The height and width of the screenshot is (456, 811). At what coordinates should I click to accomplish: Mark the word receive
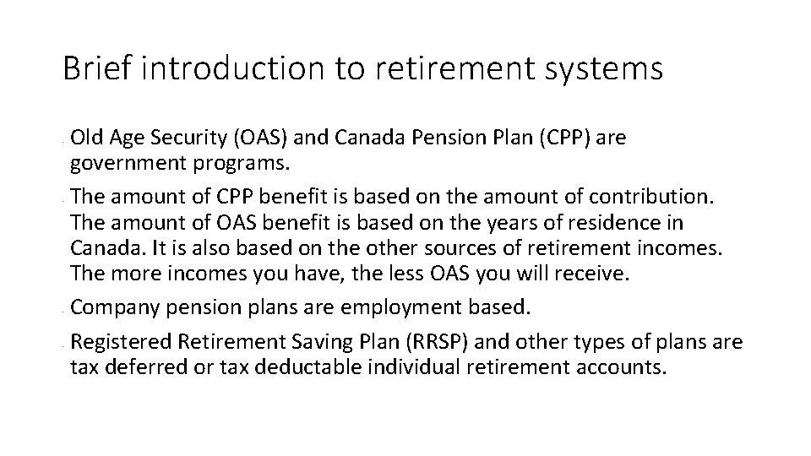[594, 276]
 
